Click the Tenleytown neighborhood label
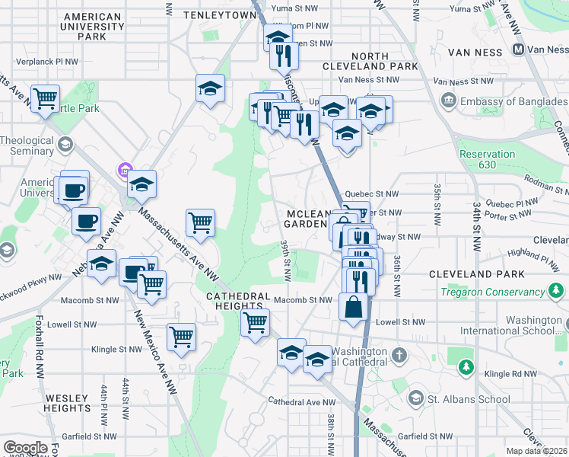pyautogui.click(x=209, y=14)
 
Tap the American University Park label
pyautogui.click(x=93, y=26)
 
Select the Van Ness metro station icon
pyautogui.click(x=518, y=50)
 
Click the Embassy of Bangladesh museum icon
pyautogui.click(x=447, y=101)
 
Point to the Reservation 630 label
pyautogui.click(x=487, y=158)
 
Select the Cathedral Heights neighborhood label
pyautogui.click(x=238, y=300)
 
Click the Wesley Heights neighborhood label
pyautogui.click(x=68, y=403)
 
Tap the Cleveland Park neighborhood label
pyautogui.click(x=476, y=273)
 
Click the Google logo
pyautogui.click(x=25, y=448)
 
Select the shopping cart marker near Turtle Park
pyautogui.click(x=46, y=98)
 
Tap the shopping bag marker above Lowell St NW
pyautogui.click(x=354, y=308)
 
